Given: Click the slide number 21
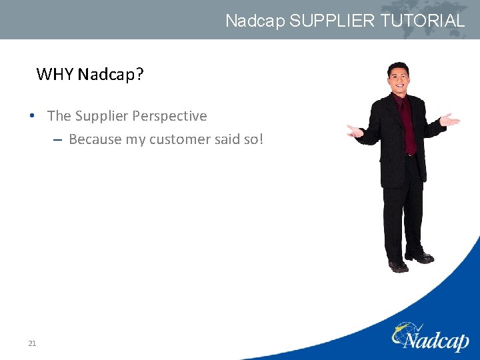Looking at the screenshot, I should point(32,343).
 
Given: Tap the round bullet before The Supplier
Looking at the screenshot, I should point(33,116).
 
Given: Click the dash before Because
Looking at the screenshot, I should point(58,140).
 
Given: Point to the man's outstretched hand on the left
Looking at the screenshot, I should point(355,131).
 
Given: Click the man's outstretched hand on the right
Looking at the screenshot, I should point(451,121).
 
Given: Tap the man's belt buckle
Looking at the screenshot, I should point(409,155).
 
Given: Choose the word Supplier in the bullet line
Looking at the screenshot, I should point(101,116).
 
